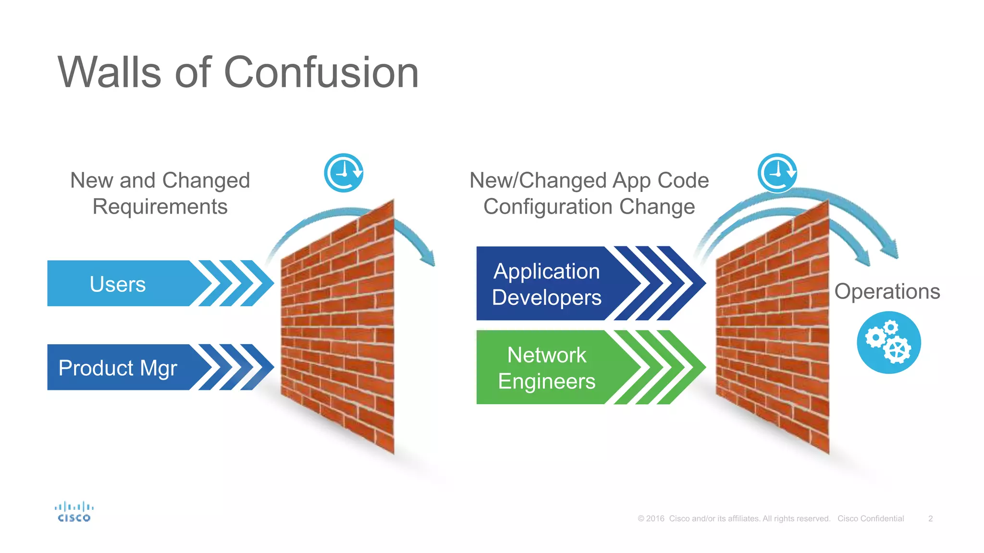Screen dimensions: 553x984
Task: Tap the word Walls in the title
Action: (110, 73)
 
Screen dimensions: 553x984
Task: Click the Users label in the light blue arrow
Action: (118, 284)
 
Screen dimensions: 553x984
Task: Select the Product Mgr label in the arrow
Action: (118, 368)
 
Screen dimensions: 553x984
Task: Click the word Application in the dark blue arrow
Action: (547, 272)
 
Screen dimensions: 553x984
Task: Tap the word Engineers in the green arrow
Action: (547, 382)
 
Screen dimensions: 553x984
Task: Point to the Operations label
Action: (887, 291)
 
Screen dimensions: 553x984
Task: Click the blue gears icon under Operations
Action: (889, 343)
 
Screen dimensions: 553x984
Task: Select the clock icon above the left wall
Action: (344, 173)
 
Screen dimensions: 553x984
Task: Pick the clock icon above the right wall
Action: (777, 173)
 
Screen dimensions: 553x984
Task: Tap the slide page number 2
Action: (930, 519)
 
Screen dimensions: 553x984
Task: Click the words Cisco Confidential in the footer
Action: (871, 519)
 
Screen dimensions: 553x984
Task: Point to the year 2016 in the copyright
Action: (655, 519)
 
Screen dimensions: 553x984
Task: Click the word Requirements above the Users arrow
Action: (160, 207)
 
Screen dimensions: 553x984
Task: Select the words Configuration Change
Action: (589, 207)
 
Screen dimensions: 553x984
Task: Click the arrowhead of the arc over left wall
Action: (429, 258)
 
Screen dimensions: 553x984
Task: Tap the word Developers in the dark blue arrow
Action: (547, 298)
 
